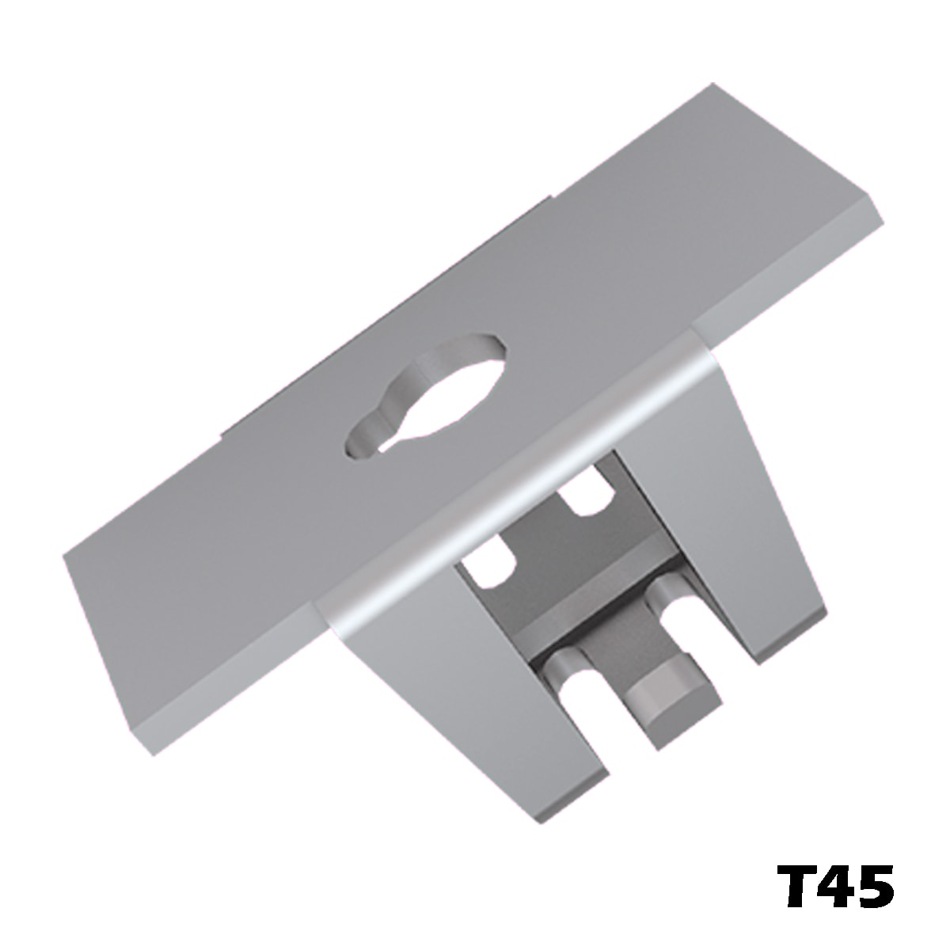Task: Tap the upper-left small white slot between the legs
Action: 492,564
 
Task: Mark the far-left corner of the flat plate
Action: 65,554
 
